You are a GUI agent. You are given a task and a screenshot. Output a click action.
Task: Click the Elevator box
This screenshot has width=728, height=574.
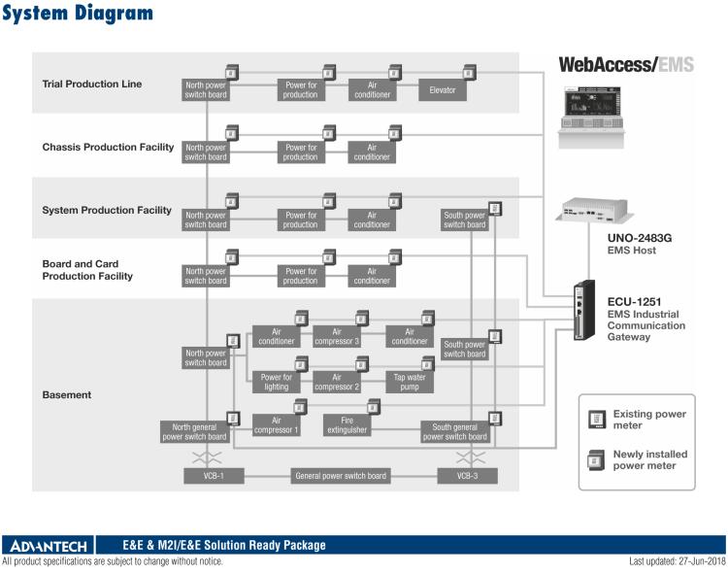(x=443, y=90)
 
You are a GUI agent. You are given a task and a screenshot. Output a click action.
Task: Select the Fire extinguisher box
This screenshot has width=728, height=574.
(x=346, y=427)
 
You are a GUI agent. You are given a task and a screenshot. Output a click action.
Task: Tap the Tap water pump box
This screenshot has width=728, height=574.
(x=410, y=382)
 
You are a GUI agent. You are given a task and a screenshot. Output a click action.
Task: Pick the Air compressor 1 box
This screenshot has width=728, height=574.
(x=276, y=425)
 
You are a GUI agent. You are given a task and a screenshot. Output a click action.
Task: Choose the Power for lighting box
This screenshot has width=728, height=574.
(x=276, y=382)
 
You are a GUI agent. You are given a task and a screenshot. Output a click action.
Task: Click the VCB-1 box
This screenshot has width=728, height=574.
(x=214, y=476)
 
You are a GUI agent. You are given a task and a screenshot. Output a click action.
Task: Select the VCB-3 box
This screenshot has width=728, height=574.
(x=467, y=476)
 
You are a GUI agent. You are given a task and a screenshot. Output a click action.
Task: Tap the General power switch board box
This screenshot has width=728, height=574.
(x=341, y=476)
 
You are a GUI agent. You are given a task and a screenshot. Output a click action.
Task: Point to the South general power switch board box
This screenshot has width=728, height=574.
(x=454, y=431)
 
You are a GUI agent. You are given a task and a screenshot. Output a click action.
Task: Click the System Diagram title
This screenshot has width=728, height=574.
(x=78, y=14)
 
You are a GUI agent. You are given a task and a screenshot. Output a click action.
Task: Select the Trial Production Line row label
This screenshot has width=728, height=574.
(x=92, y=84)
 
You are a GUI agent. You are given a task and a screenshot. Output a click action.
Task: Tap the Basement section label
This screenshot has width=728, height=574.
(x=67, y=395)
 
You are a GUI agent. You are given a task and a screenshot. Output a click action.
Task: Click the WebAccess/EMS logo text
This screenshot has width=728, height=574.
(x=626, y=65)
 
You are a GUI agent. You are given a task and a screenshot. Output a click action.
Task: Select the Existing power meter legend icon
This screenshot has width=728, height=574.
(x=595, y=421)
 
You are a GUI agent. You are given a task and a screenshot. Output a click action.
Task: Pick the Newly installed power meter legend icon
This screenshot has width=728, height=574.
(x=595, y=459)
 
